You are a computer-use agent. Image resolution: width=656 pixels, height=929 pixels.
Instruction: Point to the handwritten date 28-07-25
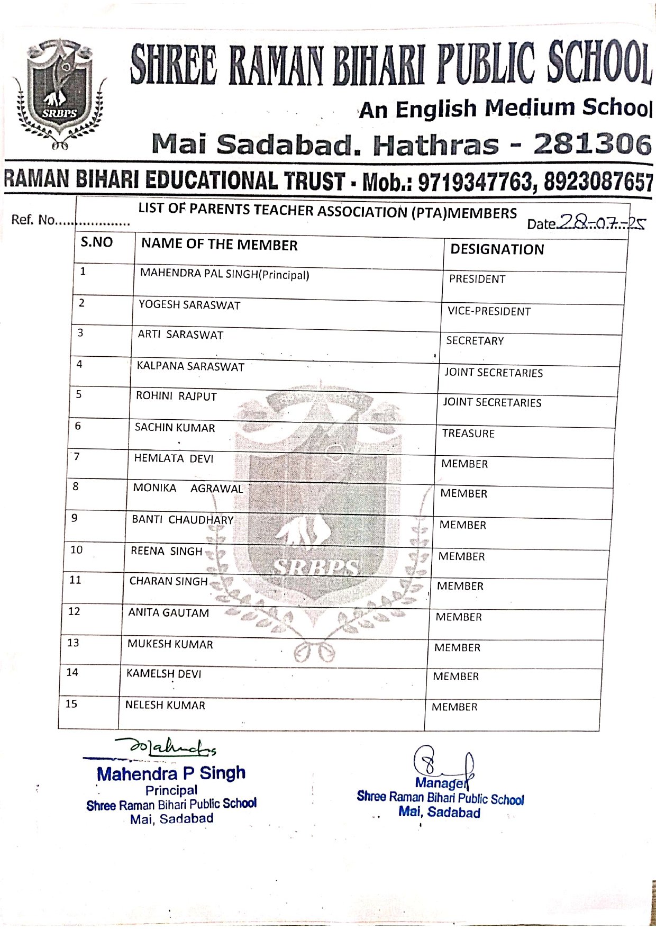[601, 222]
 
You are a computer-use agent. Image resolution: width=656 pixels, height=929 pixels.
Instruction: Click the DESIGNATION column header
[497, 249]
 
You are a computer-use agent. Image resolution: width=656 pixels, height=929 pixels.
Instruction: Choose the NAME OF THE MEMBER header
[219, 245]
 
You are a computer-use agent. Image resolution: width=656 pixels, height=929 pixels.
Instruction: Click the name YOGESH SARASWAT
[189, 305]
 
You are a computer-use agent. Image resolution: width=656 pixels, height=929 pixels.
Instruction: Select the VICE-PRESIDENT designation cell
[489, 311]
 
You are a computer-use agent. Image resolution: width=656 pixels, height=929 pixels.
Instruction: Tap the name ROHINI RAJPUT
[176, 396]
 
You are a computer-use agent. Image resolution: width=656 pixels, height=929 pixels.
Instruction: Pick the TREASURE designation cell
[468, 434]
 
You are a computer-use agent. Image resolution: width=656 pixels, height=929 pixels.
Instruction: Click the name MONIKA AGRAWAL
[188, 488]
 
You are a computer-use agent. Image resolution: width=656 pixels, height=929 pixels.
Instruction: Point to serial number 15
[71, 704]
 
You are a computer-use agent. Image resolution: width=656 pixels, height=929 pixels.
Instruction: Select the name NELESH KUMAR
[165, 705]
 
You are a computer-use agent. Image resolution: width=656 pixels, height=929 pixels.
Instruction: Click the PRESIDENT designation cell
[477, 279]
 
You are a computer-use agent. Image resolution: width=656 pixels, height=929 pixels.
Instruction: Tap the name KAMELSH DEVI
[163, 674]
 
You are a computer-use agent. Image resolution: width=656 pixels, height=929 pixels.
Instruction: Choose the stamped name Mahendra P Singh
[171, 773]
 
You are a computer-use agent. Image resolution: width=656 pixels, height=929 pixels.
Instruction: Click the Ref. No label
[33, 220]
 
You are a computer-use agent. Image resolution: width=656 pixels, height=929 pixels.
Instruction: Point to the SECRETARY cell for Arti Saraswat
[475, 341]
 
